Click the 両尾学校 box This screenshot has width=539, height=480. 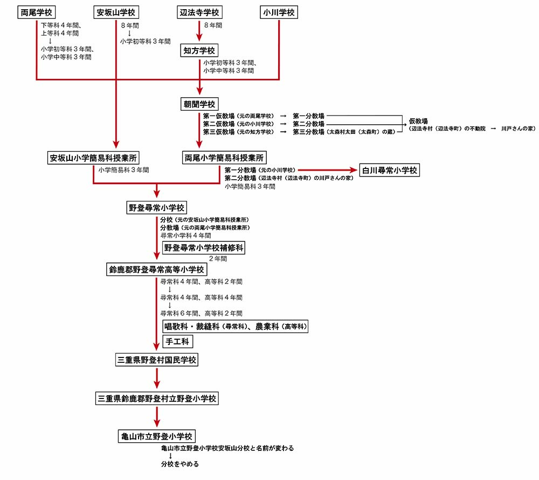click(x=37, y=12)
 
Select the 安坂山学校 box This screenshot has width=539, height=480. click(x=116, y=12)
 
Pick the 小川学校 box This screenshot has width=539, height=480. click(x=279, y=12)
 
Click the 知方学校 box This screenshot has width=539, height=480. click(x=199, y=51)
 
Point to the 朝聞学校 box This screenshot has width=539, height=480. click(x=199, y=104)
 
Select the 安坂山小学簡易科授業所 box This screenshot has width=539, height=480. click(x=93, y=158)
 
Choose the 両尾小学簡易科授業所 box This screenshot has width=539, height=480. click(x=224, y=158)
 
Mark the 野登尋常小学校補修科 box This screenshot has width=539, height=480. click(x=204, y=248)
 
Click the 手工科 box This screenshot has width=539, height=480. click(x=177, y=342)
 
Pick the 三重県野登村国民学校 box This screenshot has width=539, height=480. click(x=157, y=360)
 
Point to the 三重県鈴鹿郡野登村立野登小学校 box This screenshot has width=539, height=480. click(x=157, y=398)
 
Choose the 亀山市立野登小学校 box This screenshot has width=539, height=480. click(x=157, y=436)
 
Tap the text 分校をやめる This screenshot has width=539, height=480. click(x=179, y=464)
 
